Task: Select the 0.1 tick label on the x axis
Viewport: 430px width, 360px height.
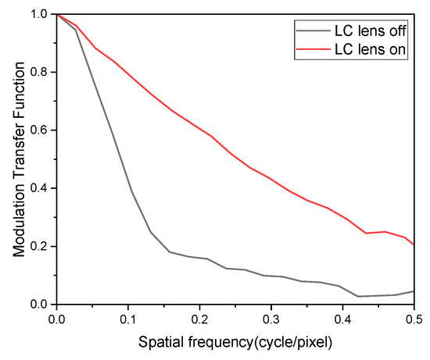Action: click(x=128, y=320)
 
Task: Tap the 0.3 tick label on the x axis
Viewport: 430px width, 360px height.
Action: click(x=271, y=320)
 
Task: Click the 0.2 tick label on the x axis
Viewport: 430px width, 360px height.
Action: click(x=199, y=320)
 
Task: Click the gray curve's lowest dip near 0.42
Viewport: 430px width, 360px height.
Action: click(x=357, y=296)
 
